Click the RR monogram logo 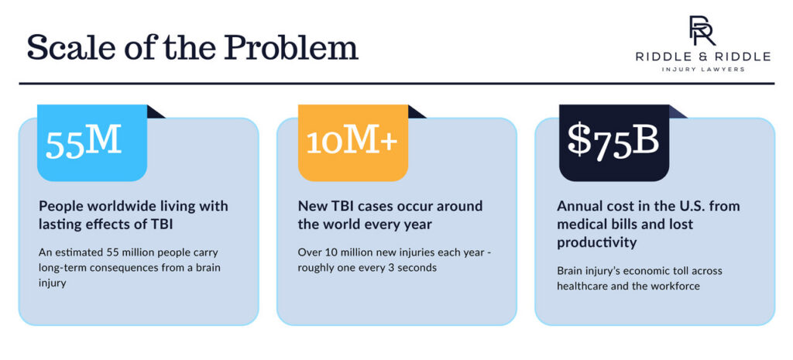pos(702,30)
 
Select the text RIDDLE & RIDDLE pos(702,57)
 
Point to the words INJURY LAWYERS pos(702,70)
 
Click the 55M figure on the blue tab pos(84,143)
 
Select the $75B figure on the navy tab pos(613,142)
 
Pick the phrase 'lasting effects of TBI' pos(104,225)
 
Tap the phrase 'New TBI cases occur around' pos(390,207)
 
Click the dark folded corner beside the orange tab pos(417,111)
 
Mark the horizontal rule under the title pos(396,83)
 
